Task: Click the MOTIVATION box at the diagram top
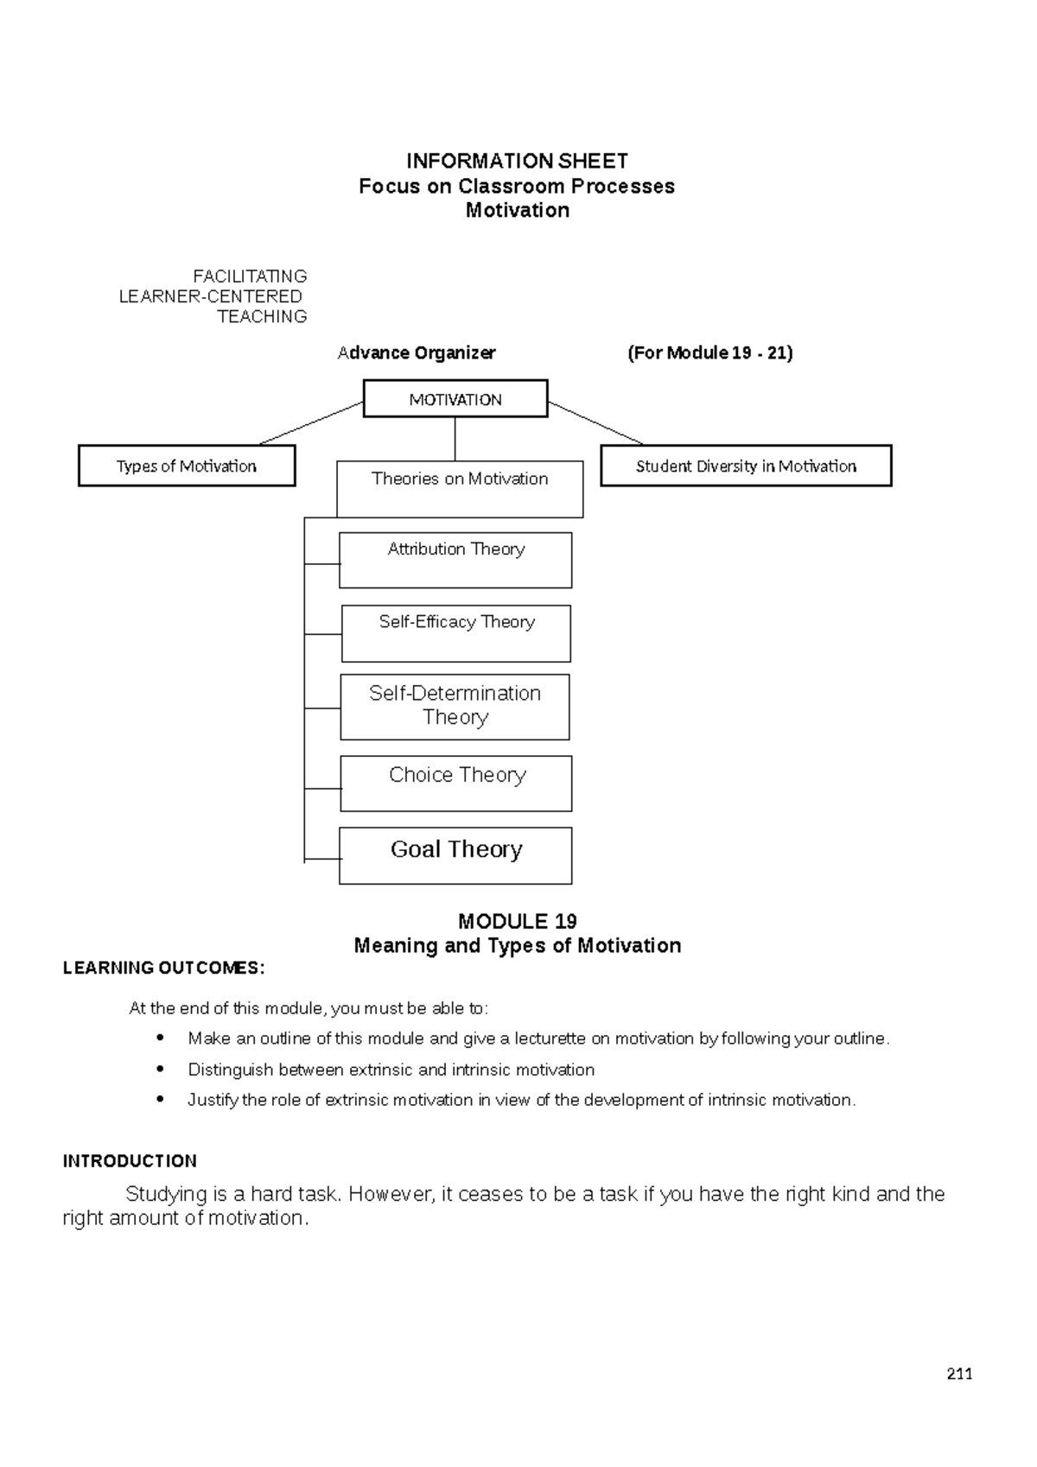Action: click(x=455, y=399)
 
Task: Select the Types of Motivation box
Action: click(x=187, y=466)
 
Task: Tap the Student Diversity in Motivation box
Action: click(x=746, y=466)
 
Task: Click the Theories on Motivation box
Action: click(x=460, y=489)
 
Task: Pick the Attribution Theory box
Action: click(x=455, y=560)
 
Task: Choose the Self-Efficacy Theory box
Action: click(x=456, y=633)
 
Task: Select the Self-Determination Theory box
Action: click(x=455, y=706)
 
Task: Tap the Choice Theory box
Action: click(x=456, y=783)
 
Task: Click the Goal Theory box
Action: click(x=455, y=855)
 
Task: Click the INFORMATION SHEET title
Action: click(x=517, y=162)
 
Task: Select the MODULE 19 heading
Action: click(x=517, y=921)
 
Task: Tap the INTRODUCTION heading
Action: click(x=130, y=1161)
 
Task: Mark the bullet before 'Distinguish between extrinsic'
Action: click(x=159, y=1069)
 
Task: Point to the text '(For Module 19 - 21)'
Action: click(x=709, y=352)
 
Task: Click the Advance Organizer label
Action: click(x=417, y=352)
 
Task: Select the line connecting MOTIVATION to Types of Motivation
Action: click(x=311, y=423)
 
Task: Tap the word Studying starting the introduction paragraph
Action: click(x=166, y=1194)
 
